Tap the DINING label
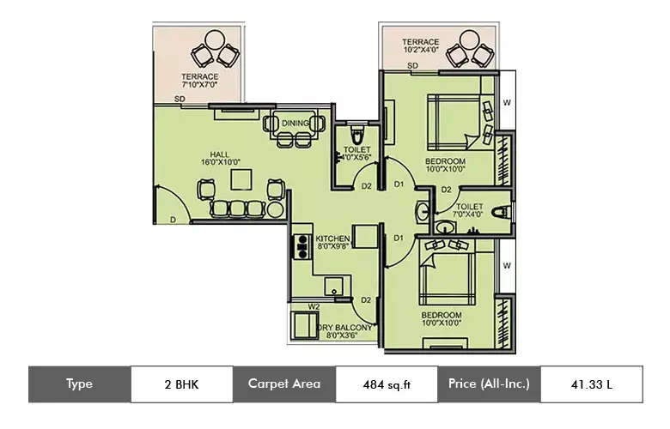point(295,124)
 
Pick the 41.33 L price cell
point(591,384)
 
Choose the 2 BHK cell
point(181,384)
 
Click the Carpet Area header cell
point(283,384)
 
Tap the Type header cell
point(79,384)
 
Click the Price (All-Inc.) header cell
point(489,384)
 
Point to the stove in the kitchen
point(301,247)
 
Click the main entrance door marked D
point(169,206)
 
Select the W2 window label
point(314,305)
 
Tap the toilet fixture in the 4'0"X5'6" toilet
point(359,137)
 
